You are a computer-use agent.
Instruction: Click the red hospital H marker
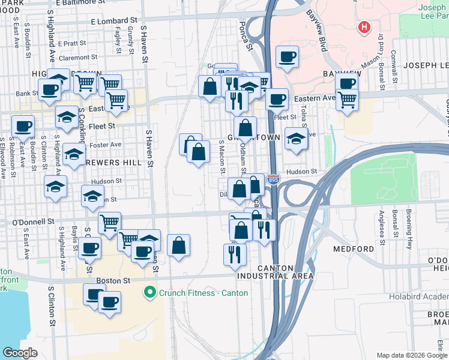(x=363, y=27)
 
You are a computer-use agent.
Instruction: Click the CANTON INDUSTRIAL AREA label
(x=275, y=272)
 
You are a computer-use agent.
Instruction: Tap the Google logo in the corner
(x=20, y=353)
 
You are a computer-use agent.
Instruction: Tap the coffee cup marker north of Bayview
(x=287, y=56)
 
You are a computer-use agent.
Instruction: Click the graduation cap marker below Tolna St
(x=296, y=138)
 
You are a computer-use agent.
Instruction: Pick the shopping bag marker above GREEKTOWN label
(x=245, y=127)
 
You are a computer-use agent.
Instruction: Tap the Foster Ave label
(x=105, y=145)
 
